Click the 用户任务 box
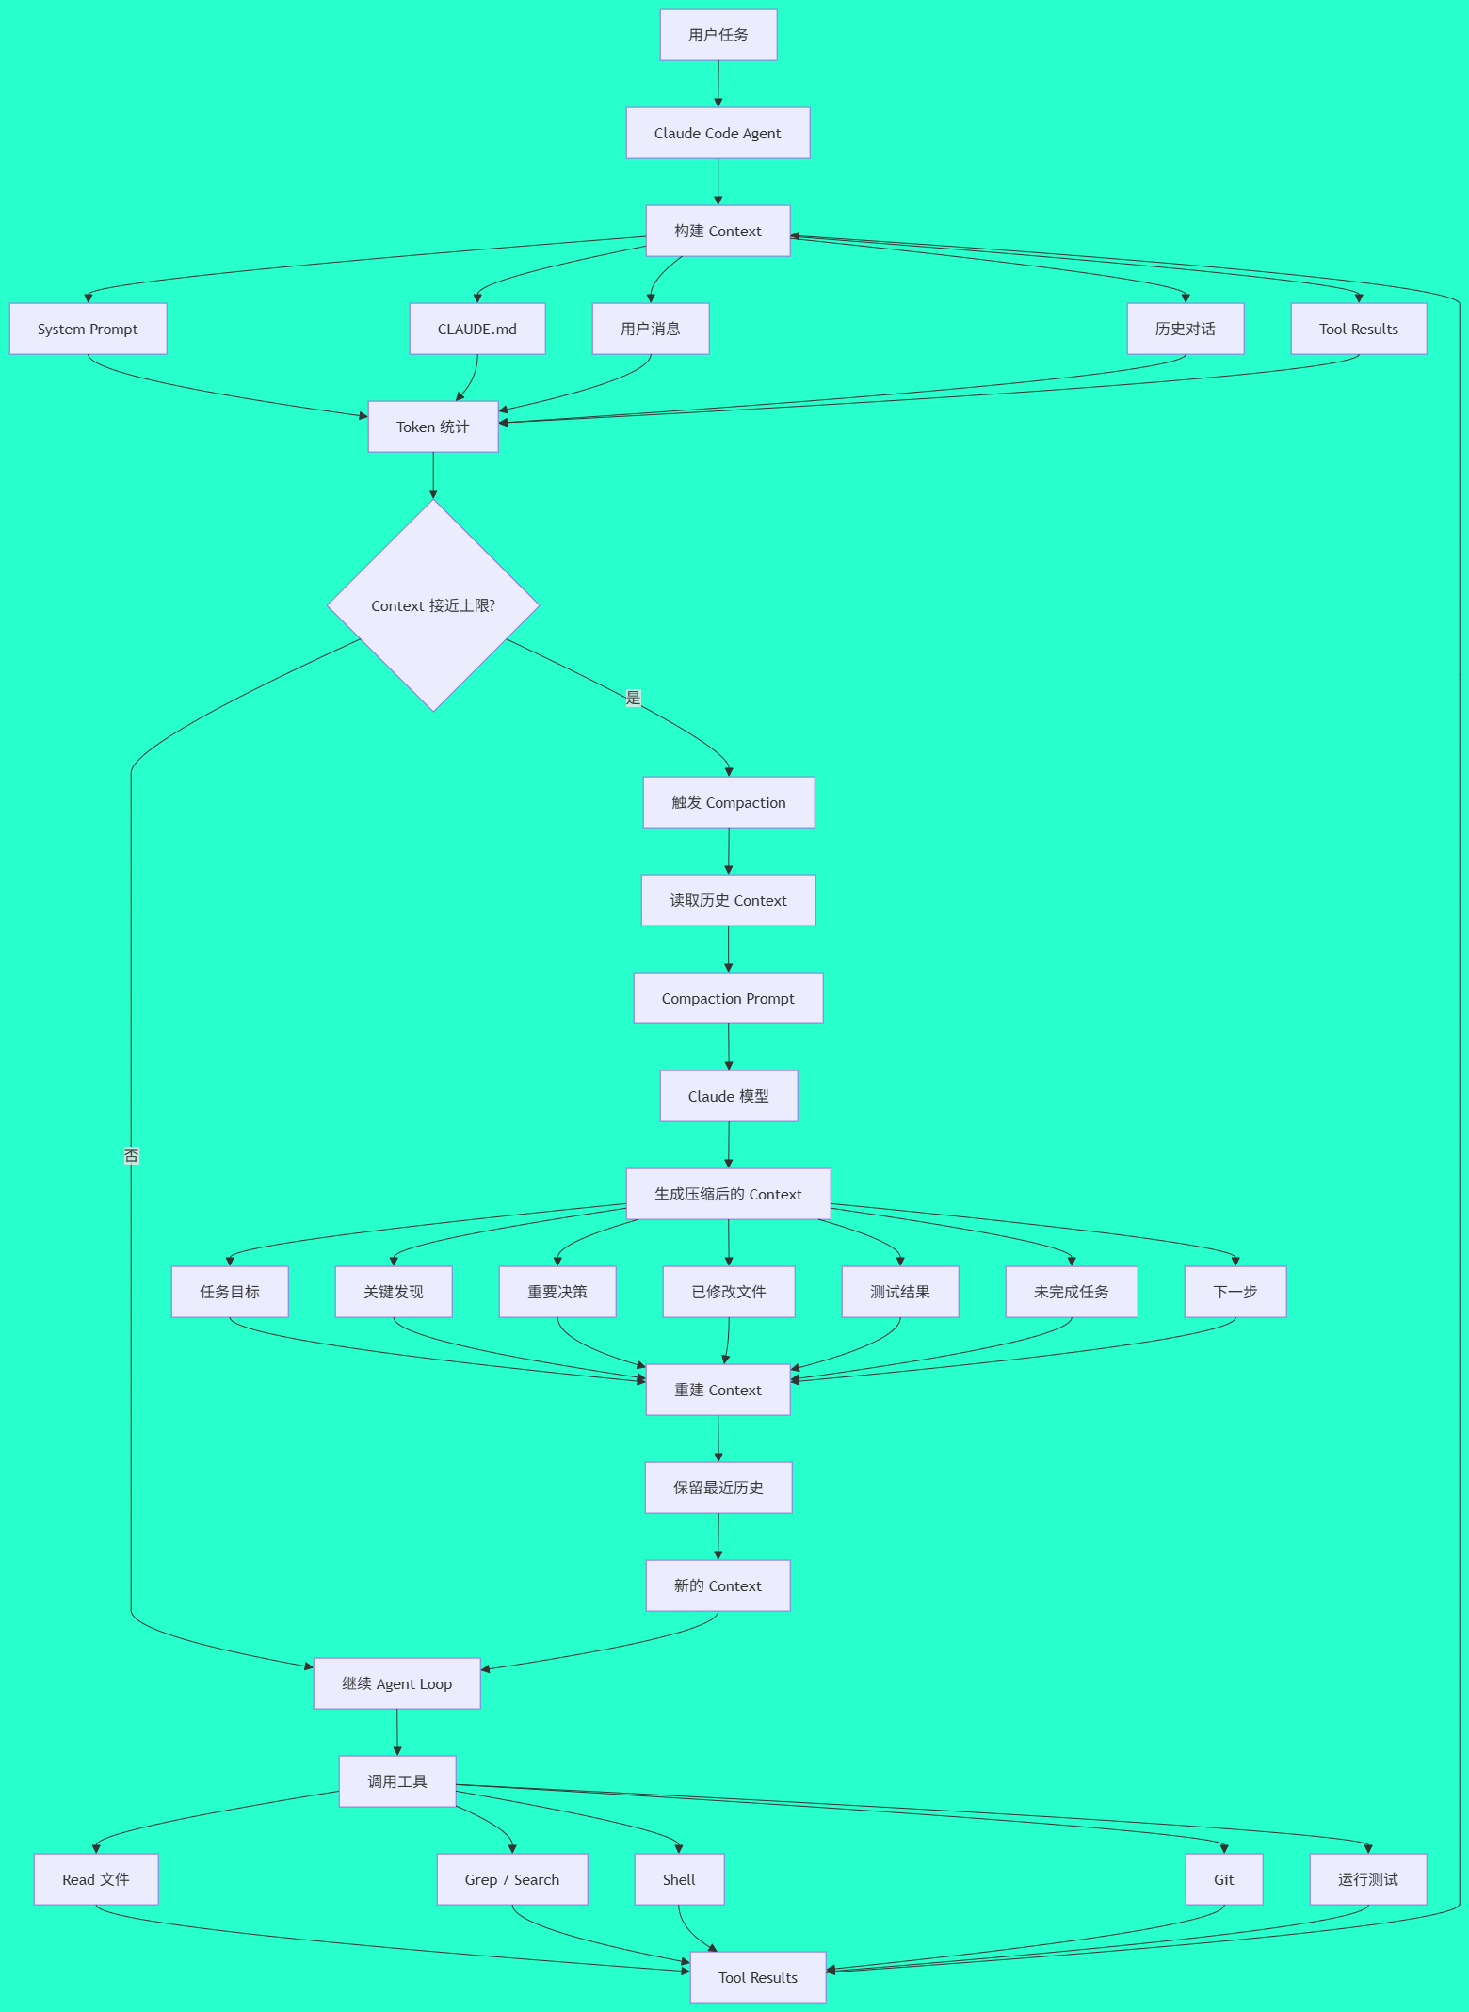pos(718,35)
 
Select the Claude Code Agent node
pos(718,133)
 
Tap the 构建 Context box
pos(718,231)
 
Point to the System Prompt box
pos(88,329)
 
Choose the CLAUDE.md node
pos(477,329)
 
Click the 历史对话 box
pos(1186,329)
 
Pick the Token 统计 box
pos(433,427)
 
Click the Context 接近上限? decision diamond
pos(433,605)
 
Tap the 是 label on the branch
pos(633,698)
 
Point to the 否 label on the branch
pos(131,1155)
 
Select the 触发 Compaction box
pos(729,802)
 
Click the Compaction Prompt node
pos(728,998)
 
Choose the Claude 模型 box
pos(729,1096)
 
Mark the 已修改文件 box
pos(729,1292)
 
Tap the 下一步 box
pos(1235,1292)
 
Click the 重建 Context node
pos(718,1390)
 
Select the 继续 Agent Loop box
pos(397,1683)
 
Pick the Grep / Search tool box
pos(512,1879)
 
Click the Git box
pos(1224,1879)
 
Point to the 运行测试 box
pos(1368,1879)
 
